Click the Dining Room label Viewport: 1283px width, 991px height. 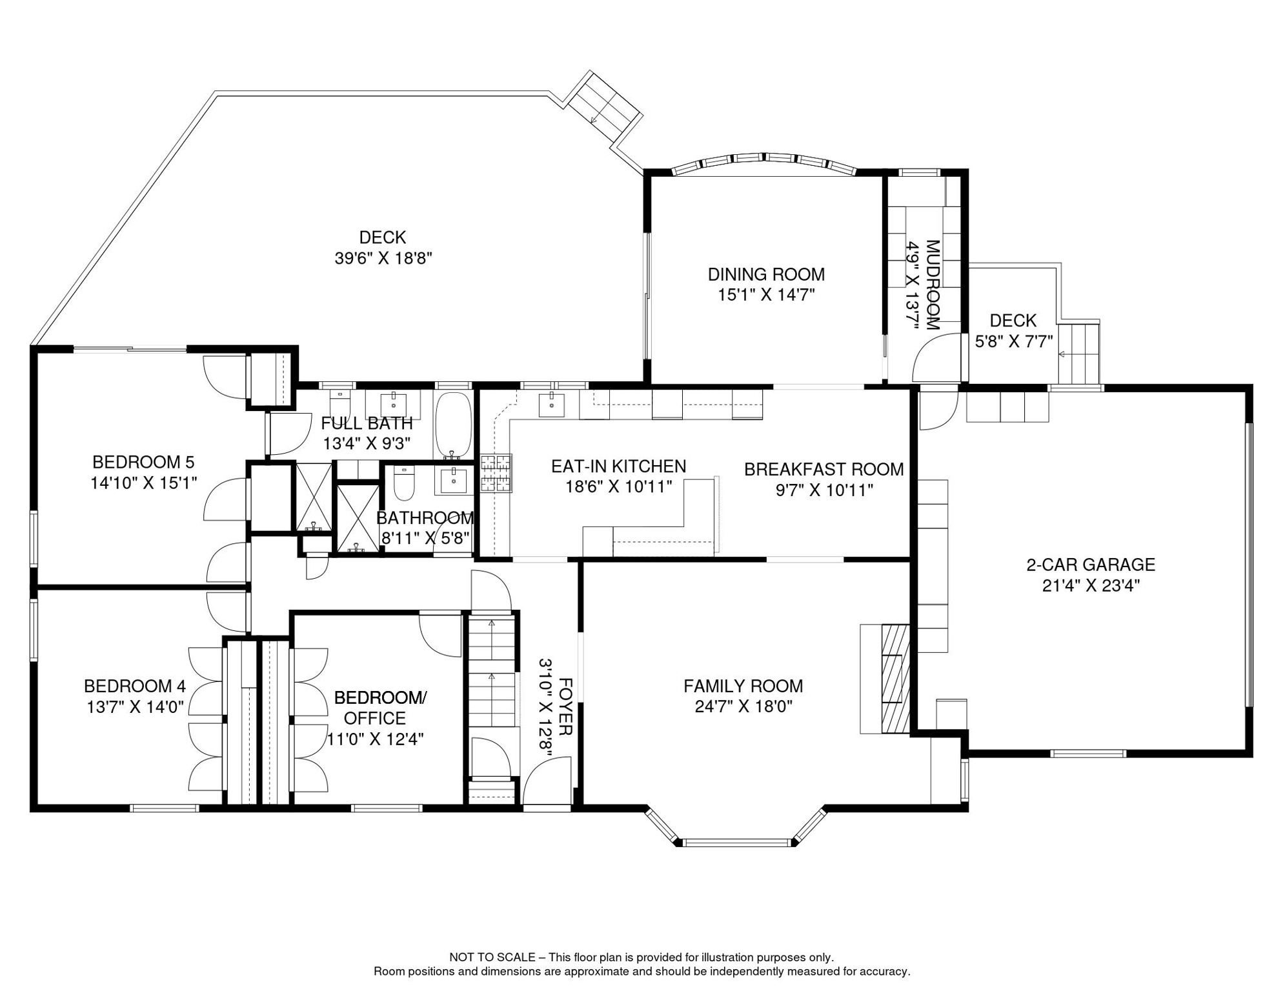click(x=766, y=274)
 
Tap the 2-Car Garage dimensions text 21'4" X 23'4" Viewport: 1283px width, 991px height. click(x=1091, y=586)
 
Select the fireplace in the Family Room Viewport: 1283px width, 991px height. click(x=885, y=679)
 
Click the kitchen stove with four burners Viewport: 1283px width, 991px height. click(x=496, y=474)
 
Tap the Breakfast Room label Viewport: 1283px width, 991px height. click(x=824, y=469)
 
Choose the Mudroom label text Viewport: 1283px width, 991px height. click(x=933, y=285)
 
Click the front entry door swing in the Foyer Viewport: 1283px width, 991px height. click(x=546, y=782)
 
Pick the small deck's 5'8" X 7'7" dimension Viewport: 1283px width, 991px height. click(x=1013, y=341)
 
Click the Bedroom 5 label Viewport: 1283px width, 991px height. click(x=143, y=462)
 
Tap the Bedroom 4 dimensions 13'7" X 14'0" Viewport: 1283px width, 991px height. click(x=136, y=707)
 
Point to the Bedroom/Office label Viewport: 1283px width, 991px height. click(x=380, y=708)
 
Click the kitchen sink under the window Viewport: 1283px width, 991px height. click(x=552, y=405)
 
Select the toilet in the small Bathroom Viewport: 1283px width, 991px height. click(x=404, y=483)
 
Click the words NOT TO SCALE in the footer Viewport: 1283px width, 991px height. click(x=492, y=957)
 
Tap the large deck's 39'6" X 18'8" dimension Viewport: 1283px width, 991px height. click(x=383, y=258)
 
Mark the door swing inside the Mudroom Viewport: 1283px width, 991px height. click(x=934, y=360)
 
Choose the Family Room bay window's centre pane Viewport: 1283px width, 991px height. click(x=736, y=842)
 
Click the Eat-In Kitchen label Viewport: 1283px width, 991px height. click(x=618, y=466)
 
